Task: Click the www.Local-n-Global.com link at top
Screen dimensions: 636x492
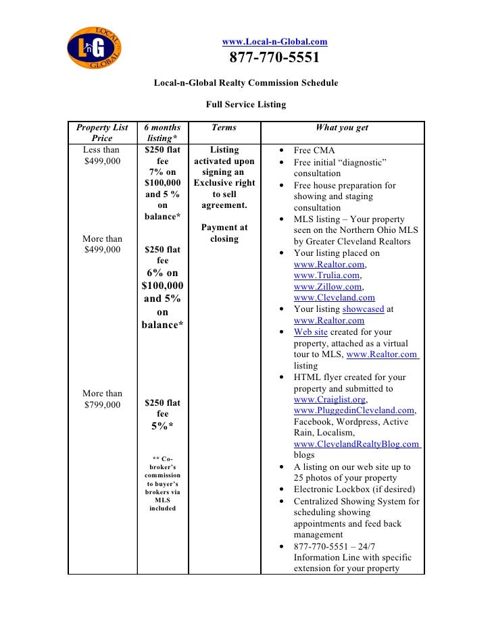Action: pyautogui.click(x=274, y=42)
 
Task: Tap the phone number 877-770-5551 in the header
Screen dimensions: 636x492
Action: pyautogui.click(x=274, y=58)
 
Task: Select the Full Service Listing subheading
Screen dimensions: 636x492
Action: pyautogui.click(x=246, y=105)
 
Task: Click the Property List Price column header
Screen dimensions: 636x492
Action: pyautogui.click(x=102, y=132)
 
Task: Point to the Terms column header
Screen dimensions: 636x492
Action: pyautogui.click(x=224, y=127)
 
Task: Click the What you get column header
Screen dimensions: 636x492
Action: pyautogui.click(x=341, y=127)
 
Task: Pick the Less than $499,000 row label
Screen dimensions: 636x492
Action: pyautogui.click(x=101, y=155)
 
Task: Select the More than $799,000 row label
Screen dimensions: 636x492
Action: pyautogui.click(x=102, y=399)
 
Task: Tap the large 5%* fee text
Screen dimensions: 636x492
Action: pyautogui.click(x=162, y=426)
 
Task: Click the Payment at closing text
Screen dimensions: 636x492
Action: pyautogui.click(x=224, y=233)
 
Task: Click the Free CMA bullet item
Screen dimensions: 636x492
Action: pyautogui.click(x=314, y=150)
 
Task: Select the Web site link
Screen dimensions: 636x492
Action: pyautogui.click(x=310, y=332)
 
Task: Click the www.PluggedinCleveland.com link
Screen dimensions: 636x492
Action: pyautogui.click(x=353, y=410)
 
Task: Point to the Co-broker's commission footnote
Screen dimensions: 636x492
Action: pyautogui.click(x=162, y=483)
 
